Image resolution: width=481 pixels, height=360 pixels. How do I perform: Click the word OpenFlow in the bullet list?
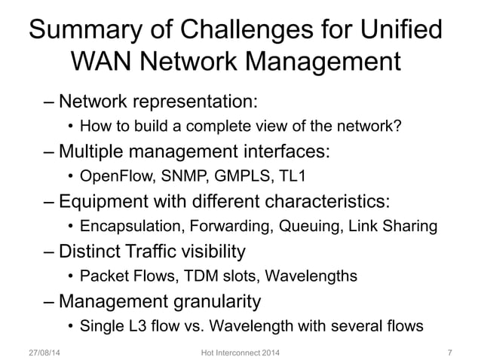(111, 178)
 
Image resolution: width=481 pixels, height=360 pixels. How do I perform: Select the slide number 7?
(449, 351)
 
